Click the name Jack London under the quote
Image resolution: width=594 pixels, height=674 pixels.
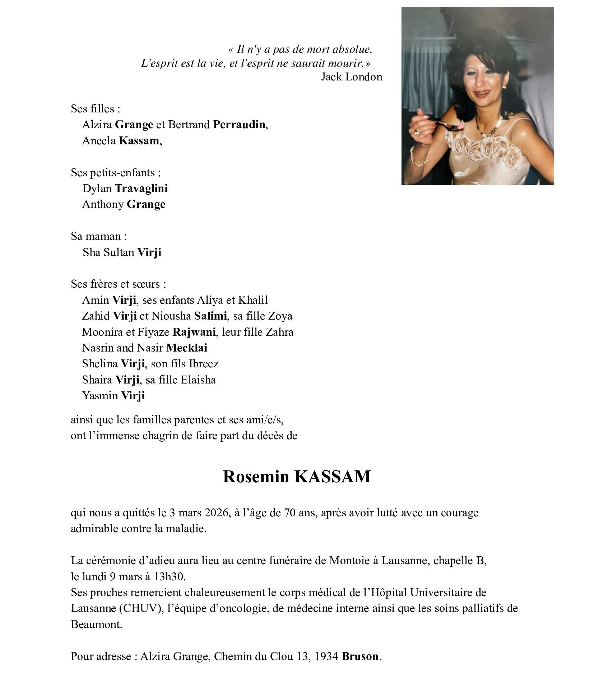click(351, 77)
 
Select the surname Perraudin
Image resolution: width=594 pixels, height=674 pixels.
click(239, 125)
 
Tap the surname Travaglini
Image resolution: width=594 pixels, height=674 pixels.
click(141, 189)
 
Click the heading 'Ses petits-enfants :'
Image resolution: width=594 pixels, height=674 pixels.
click(115, 173)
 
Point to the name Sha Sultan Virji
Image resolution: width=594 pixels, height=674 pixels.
click(122, 252)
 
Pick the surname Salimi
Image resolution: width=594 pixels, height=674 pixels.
click(210, 316)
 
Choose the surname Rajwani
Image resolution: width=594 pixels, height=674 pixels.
click(194, 332)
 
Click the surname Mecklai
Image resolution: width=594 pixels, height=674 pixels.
click(186, 348)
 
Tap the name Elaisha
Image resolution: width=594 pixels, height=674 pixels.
click(198, 380)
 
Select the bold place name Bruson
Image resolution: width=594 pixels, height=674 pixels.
click(360, 657)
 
